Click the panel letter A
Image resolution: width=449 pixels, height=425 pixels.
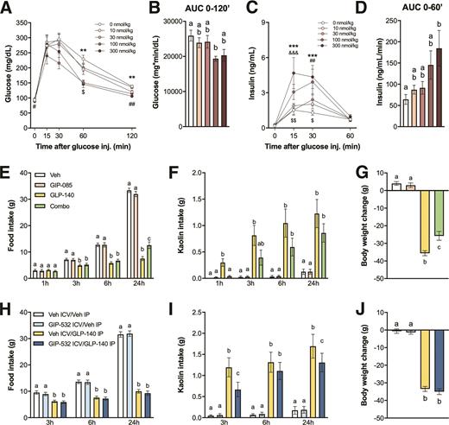click(7, 9)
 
